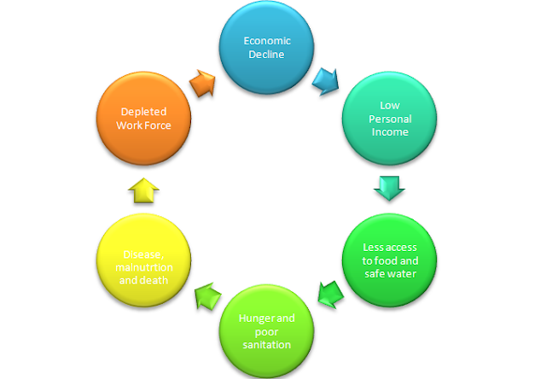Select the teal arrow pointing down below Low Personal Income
point(389,185)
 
